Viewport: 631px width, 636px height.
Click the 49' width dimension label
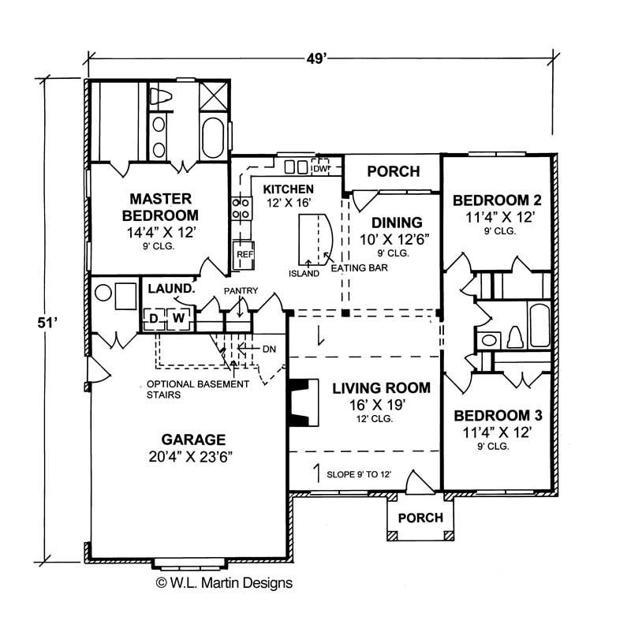[x=319, y=58]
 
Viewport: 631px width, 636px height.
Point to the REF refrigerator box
[x=243, y=255]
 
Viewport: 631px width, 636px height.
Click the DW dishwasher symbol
[x=320, y=167]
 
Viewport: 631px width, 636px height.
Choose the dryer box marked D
[x=154, y=317]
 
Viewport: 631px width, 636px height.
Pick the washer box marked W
[x=178, y=317]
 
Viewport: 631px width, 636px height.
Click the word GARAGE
[x=194, y=440]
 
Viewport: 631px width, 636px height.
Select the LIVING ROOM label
[x=381, y=387]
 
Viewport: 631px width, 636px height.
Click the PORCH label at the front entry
[x=420, y=518]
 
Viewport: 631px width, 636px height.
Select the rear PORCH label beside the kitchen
[x=393, y=171]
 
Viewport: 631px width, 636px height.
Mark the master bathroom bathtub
[x=213, y=139]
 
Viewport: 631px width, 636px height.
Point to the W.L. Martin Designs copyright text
[x=225, y=583]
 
